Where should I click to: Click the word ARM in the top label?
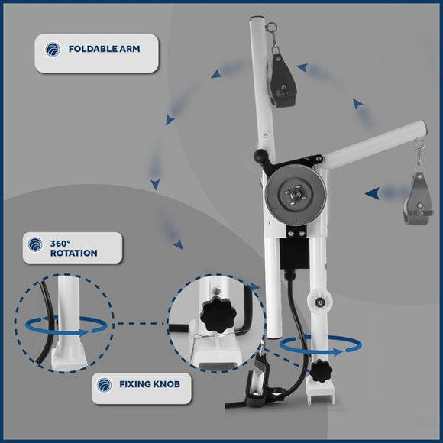tap(129, 49)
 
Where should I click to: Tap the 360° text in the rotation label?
tap(60, 243)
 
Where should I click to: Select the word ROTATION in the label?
tap(74, 253)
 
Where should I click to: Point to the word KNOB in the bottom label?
tap(167, 384)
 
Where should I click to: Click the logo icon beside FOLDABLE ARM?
tap(53, 49)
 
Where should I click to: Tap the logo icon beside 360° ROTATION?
tap(35, 244)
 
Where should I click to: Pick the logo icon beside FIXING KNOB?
tap(104, 385)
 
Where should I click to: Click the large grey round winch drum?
tap(296, 196)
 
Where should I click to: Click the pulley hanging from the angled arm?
tap(419, 199)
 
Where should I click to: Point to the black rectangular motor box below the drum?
tap(294, 255)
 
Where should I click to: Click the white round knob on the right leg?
tap(320, 302)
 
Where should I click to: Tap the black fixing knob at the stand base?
tap(321, 371)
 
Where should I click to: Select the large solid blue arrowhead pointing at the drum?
tap(373, 193)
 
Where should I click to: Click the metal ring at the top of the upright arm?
tap(272, 27)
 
